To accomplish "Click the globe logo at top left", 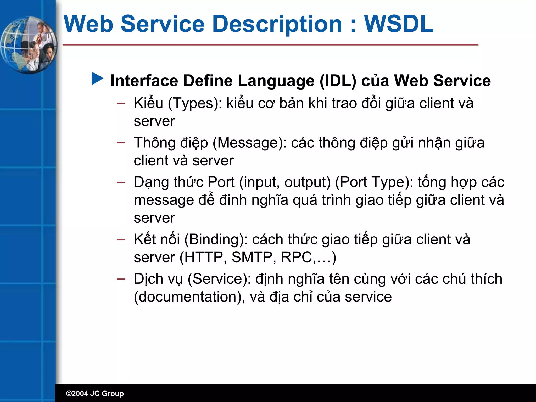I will (28, 45).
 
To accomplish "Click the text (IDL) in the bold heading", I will (338, 81).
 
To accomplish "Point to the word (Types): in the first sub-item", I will (195, 103).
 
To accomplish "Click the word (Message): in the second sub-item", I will (250, 143).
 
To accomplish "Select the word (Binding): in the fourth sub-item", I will (216, 240).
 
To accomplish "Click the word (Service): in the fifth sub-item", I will (219, 279).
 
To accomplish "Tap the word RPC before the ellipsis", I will (296, 257).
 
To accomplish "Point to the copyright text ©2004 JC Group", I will (95, 393).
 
